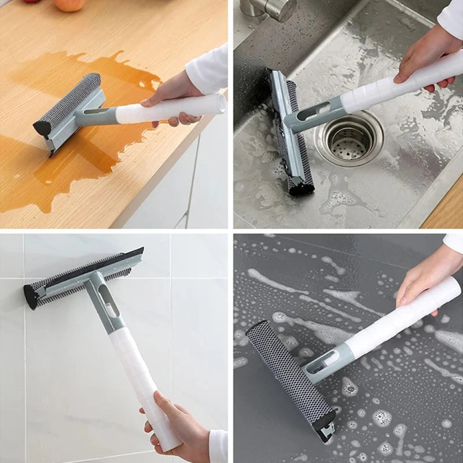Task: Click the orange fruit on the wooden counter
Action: (69, 5)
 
